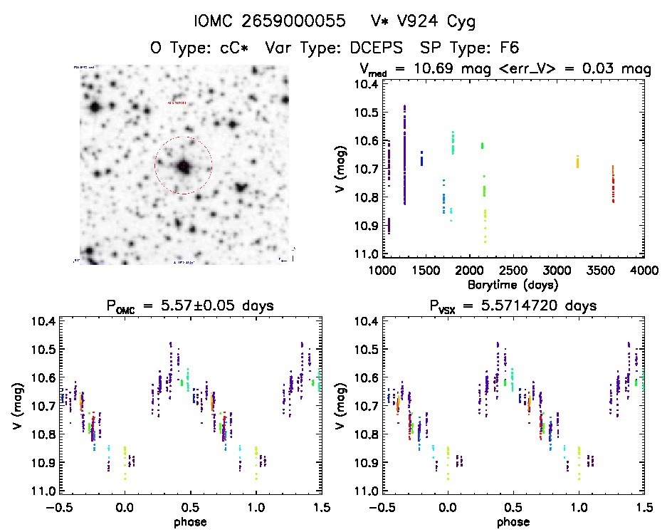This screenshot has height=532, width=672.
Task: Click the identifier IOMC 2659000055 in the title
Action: point(253,21)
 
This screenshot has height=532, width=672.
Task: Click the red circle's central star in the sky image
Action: point(184,166)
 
